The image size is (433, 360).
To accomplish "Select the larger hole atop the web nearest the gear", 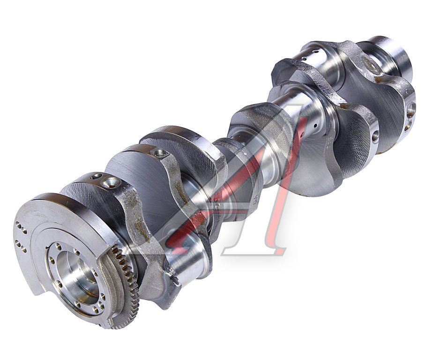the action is point(111,182).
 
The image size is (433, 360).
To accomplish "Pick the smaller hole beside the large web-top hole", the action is point(97,176).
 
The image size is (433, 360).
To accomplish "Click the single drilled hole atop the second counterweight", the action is point(159,152).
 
